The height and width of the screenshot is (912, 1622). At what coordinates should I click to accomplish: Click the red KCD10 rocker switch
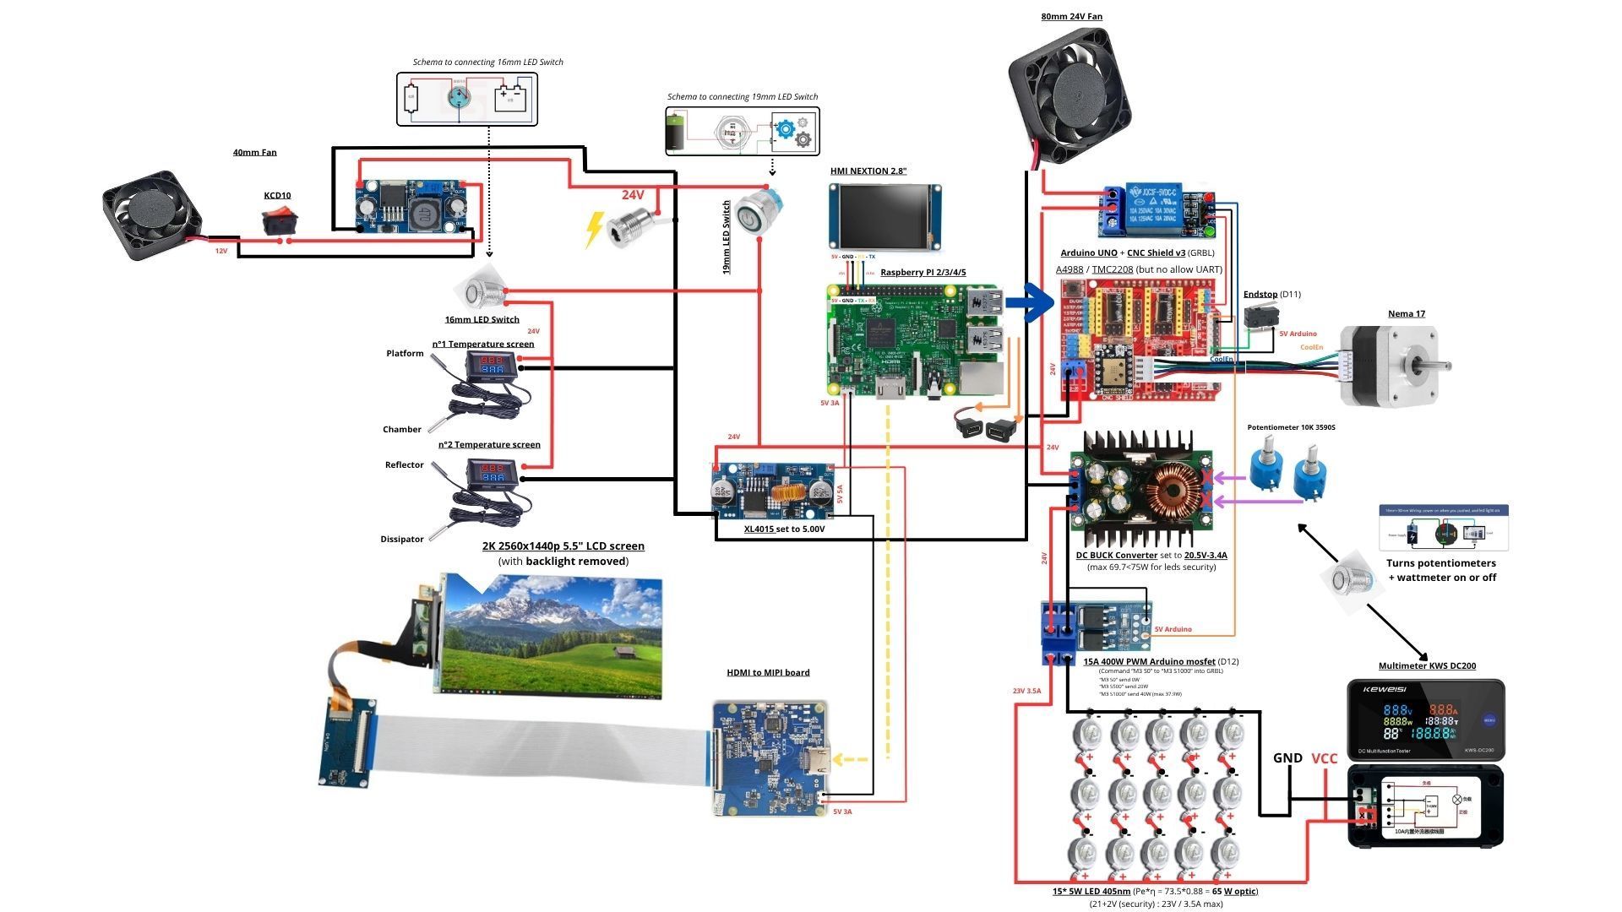pos(276,222)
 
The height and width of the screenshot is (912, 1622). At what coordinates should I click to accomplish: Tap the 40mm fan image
pos(152,216)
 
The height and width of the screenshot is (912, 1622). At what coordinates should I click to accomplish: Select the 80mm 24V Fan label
pos(1071,16)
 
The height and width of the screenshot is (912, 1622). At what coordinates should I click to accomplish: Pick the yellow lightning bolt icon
pos(595,229)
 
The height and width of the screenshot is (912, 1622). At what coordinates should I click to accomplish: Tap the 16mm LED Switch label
pos(482,319)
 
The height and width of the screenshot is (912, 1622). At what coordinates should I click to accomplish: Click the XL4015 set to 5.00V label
pos(784,529)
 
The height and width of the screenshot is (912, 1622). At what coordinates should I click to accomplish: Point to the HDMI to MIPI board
pos(770,758)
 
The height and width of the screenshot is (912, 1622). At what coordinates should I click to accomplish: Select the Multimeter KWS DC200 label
pos(1427,665)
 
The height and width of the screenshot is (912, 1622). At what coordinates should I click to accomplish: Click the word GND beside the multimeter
pos(1287,758)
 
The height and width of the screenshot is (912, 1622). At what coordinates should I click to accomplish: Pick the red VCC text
pos(1324,758)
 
